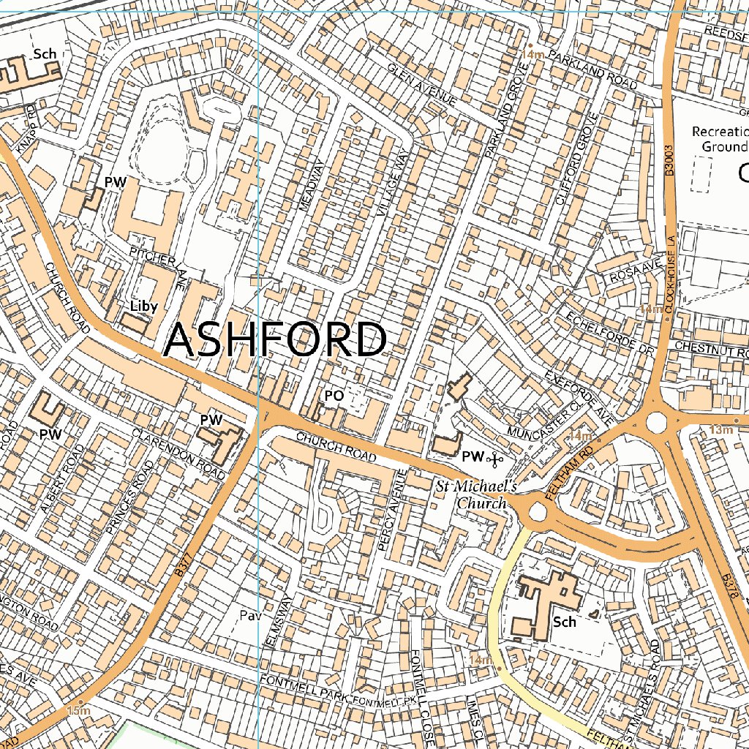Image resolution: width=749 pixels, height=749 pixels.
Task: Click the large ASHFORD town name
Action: click(x=275, y=340)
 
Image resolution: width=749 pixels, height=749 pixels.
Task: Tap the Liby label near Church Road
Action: click(x=143, y=306)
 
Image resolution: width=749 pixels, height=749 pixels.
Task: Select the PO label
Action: click(x=334, y=396)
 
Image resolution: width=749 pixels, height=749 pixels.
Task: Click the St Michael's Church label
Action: click(x=476, y=494)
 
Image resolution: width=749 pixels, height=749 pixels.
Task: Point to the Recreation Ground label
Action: click(x=720, y=139)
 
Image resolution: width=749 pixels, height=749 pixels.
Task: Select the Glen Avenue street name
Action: click(x=422, y=84)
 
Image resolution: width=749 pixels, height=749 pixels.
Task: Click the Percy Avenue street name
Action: click(x=391, y=509)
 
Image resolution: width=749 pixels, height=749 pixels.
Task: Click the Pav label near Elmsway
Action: click(x=250, y=616)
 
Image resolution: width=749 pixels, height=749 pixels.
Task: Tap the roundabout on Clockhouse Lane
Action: click(x=656, y=423)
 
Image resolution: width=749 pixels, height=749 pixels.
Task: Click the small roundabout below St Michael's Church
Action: click(x=538, y=512)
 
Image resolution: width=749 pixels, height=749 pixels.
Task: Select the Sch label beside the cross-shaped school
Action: click(x=564, y=622)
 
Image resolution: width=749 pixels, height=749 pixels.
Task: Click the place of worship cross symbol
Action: click(x=495, y=459)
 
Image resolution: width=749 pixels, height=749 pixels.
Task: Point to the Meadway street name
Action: click(x=311, y=187)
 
